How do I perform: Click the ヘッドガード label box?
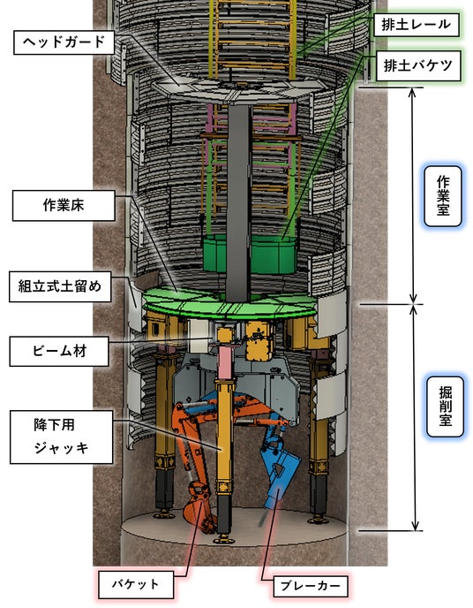pyautogui.click(x=64, y=42)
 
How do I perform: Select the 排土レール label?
pyautogui.click(x=417, y=25)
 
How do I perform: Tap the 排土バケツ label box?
pyautogui.click(x=418, y=66)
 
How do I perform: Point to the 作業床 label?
pyautogui.click(x=64, y=206)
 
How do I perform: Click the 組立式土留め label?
pyautogui.click(x=60, y=286)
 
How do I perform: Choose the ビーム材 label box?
pyautogui.click(x=59, y=352)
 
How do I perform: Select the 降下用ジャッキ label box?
pyautogui.click(x=62, y=437)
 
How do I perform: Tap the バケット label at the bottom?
pyautogui.click(x=136, y=584)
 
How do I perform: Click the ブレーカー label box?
pyautogui.click(x=311, y=586)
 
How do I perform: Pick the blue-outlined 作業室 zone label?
pyautogui.click(x=443, y=196)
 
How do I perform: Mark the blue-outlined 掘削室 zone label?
pyautogui.click(x=445, y=407)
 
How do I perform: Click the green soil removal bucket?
pyautogui.click(x=250, y=254)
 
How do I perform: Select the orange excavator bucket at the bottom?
pyautogui.click(x=199, y=508)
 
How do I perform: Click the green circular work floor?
pyautogui.click(x=229, y=306)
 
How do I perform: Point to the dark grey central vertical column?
pyautogui.click(x=239, y=201)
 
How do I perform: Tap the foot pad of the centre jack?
pyautogui.click(x=224, y=539)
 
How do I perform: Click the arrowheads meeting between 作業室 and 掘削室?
pyautogui.click(x=413, y=304)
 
